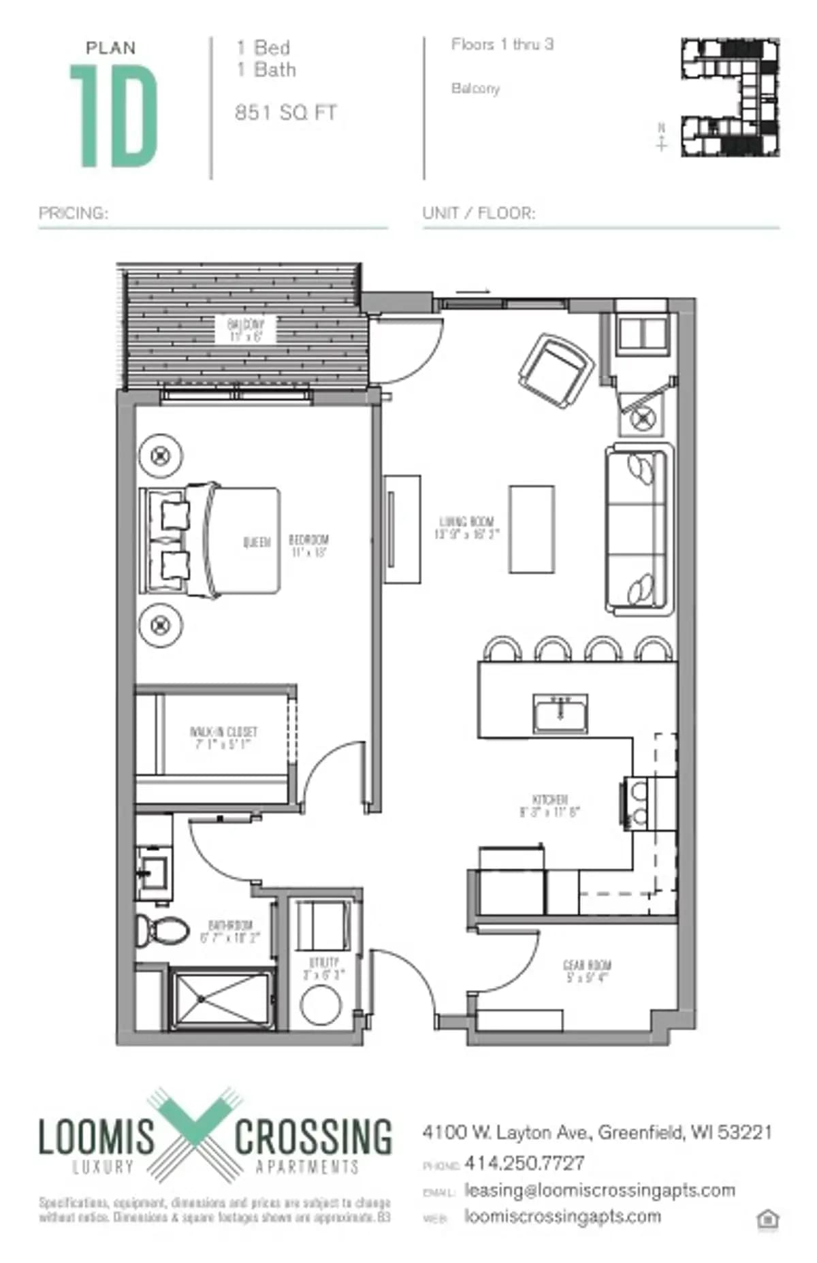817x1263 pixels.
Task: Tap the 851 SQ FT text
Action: pyautogui.click(x=285, y=113)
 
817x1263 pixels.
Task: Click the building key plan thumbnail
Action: pyautogui.click(x=731, y=97)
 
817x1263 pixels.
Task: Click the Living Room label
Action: pyautogui.click(x=466, y=528)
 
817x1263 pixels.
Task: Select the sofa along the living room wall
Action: pyautogui.click(x=639, y=530)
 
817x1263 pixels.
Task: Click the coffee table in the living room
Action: pyautogui.click(x=531, y=529)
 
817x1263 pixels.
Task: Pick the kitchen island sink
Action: pyautogui.click(x=560, y=714)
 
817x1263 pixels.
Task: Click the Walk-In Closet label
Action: pyautogui.click(x=223, y=737)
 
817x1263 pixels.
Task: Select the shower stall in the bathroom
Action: pyautogui.click(x=222, y=1000)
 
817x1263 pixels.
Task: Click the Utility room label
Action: pyautogui.click(x=323, y=968)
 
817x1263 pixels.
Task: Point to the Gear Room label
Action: pyautogui.click(x=587, y=971)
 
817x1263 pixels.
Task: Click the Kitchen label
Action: pyautogui.click(x=549, y=805)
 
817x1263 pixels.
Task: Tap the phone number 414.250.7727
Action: pyautogui.click(x=524, y=1164)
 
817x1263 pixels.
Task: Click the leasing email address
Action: pyautogui.click(x=599, y=1190)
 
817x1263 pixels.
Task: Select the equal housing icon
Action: pyautogui.click(x=767, y=1219)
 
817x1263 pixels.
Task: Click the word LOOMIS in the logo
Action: pyautogui.click(x=96, y=1138)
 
